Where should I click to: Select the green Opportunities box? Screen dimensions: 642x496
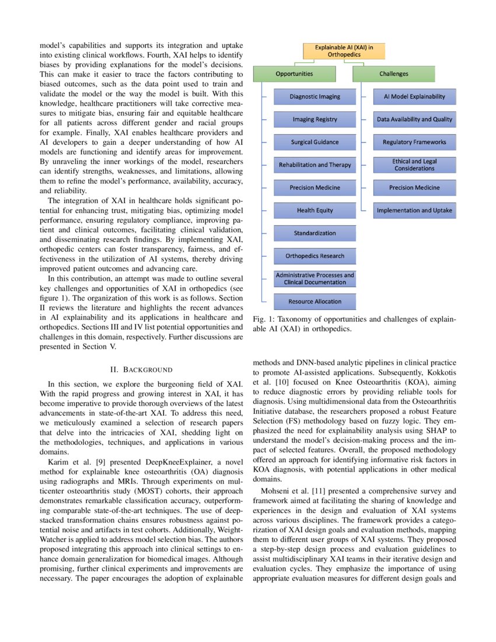(x=294, y=74)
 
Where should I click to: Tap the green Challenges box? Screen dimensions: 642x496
(x=394, y=74)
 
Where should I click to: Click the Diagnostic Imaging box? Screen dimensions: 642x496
(x=315, y=97)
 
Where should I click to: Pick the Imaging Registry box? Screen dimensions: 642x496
(x=315, y=120)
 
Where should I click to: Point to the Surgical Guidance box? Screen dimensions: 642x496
(x=315, y=142)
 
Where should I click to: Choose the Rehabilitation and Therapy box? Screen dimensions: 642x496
(x=315, y=165)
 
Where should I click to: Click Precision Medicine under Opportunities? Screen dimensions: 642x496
(x=315, y=188)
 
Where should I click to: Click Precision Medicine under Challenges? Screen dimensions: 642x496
(x=414, y=188)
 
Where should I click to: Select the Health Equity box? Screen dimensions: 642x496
(x=315, y=211)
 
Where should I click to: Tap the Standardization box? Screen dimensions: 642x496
(x=315, y=233)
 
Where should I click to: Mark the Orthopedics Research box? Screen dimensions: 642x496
(x=315, y=256)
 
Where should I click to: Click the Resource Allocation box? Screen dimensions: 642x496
(x=315, y=302)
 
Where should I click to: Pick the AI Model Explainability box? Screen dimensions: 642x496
(x=414, y=97)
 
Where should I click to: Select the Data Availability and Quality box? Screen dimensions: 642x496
(x=414, y=120)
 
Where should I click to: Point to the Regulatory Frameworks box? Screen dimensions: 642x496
(x=414, y=142)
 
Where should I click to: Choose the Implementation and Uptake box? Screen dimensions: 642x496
(x=414, y=211)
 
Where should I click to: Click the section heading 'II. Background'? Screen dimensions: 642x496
(x=141, y=369)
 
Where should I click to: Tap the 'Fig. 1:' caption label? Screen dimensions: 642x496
(x=263, y=320)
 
